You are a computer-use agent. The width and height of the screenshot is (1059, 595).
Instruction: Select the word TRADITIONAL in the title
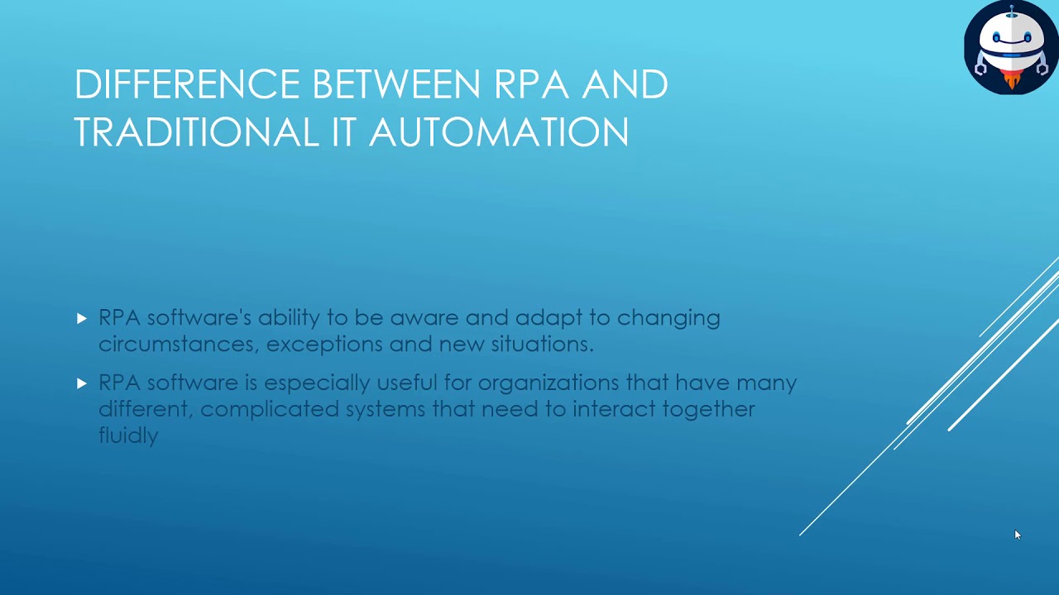pyautogui.click(x=196, y=132)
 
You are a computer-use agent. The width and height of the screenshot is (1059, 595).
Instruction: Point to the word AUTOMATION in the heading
pyautogui.click(x=499, y=132)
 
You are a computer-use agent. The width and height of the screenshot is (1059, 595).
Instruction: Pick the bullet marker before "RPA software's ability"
pyautogui.click(x=81, y=317)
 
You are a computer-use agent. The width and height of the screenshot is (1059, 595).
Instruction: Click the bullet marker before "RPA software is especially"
pyautogui.click(x=81, y=383)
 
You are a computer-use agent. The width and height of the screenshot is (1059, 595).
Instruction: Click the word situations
pyautogui.click(x=542, y=344)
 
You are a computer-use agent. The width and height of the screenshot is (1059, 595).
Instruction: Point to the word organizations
pyautogui.click(x=548, y=383)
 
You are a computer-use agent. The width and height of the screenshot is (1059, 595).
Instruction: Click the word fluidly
pyautogui.click(x=128, y=435)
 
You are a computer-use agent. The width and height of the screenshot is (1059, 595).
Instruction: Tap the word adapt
pyautogui.click(x=547, y=318)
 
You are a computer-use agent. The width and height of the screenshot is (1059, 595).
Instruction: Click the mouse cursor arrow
pyautogui.click(x=1017, y=535)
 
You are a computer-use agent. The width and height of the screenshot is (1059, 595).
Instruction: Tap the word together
pyautogui.click(x=705, y=409)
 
